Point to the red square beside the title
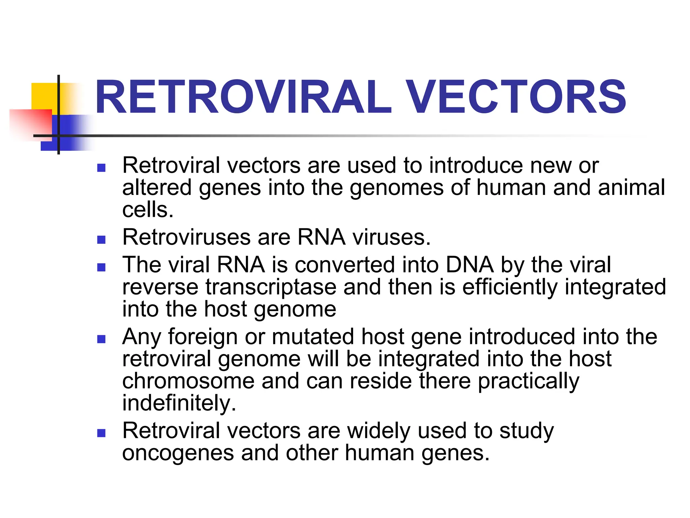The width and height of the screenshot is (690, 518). (30, 123)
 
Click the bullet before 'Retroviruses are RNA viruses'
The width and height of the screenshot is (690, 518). (101, 239)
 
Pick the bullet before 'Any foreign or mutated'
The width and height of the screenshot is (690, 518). (101, 339)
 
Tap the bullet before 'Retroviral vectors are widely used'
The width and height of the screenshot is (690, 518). (101, 433)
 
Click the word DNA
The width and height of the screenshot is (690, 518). (470, 265)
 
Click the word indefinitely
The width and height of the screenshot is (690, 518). (179, 403)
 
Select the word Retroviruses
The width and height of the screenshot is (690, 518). (186, 237)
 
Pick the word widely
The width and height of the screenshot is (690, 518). (379, 431)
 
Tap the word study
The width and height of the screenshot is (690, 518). (526, 431)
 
